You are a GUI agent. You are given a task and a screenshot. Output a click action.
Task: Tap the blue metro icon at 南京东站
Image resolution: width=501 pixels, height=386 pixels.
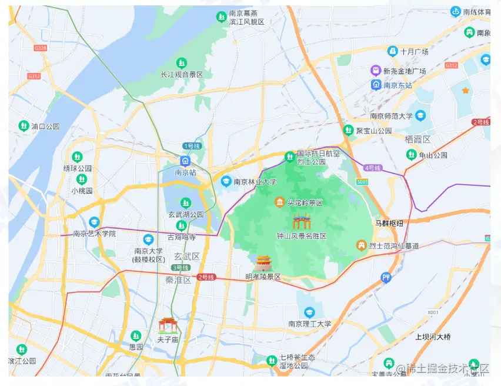click(376, 85)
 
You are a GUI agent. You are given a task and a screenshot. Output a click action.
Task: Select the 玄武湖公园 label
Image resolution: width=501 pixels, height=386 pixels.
click(186, 215)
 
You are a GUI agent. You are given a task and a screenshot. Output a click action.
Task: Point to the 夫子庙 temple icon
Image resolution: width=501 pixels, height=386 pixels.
click(168, 325)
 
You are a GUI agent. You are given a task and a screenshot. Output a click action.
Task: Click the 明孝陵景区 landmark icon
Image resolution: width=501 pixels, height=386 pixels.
click(263, 262)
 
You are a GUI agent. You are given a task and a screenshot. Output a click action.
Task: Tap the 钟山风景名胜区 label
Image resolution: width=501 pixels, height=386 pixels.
click(302, 236)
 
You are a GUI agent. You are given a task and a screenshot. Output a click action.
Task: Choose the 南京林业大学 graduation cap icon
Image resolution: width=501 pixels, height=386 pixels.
click(225, 182)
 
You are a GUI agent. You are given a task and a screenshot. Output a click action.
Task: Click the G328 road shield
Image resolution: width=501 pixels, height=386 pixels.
click(41, 48)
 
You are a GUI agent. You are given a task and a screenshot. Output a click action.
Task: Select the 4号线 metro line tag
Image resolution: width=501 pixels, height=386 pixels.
click(372, 168)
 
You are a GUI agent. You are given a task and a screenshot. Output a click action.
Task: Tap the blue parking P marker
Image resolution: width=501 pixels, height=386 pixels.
click(386, 277)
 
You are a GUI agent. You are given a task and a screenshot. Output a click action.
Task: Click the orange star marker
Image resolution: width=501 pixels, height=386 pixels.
click(465, 90)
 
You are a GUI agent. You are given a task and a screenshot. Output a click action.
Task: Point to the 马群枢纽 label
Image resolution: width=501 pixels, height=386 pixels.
click(389, 224)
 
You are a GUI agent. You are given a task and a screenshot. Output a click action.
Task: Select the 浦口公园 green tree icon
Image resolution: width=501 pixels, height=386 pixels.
click(23, 125)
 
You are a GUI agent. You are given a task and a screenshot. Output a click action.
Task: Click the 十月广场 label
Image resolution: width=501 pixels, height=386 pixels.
click(414, 52)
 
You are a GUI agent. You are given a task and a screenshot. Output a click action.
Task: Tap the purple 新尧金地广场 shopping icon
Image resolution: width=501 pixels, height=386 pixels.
click(375, 71)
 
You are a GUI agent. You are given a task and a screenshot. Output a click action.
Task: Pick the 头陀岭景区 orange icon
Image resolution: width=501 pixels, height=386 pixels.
click(279, 202)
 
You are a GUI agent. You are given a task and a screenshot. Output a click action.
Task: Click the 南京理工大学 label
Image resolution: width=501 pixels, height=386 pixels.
click(310, 324)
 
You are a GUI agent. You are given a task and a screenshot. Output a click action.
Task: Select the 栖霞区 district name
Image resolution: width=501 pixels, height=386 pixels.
click(418, 139)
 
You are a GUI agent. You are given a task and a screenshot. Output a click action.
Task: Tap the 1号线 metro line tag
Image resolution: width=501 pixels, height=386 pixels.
click(192, 145)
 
